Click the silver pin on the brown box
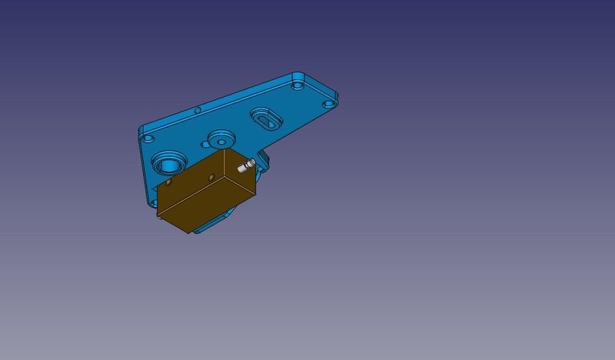pos(246,166)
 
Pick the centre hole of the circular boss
pos(221,142)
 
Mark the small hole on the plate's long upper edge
pos(198,111)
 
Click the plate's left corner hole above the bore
pos(146,139)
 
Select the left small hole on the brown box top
pos(168,185)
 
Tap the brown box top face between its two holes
pos(190,178)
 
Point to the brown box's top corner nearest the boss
pos(223,151)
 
